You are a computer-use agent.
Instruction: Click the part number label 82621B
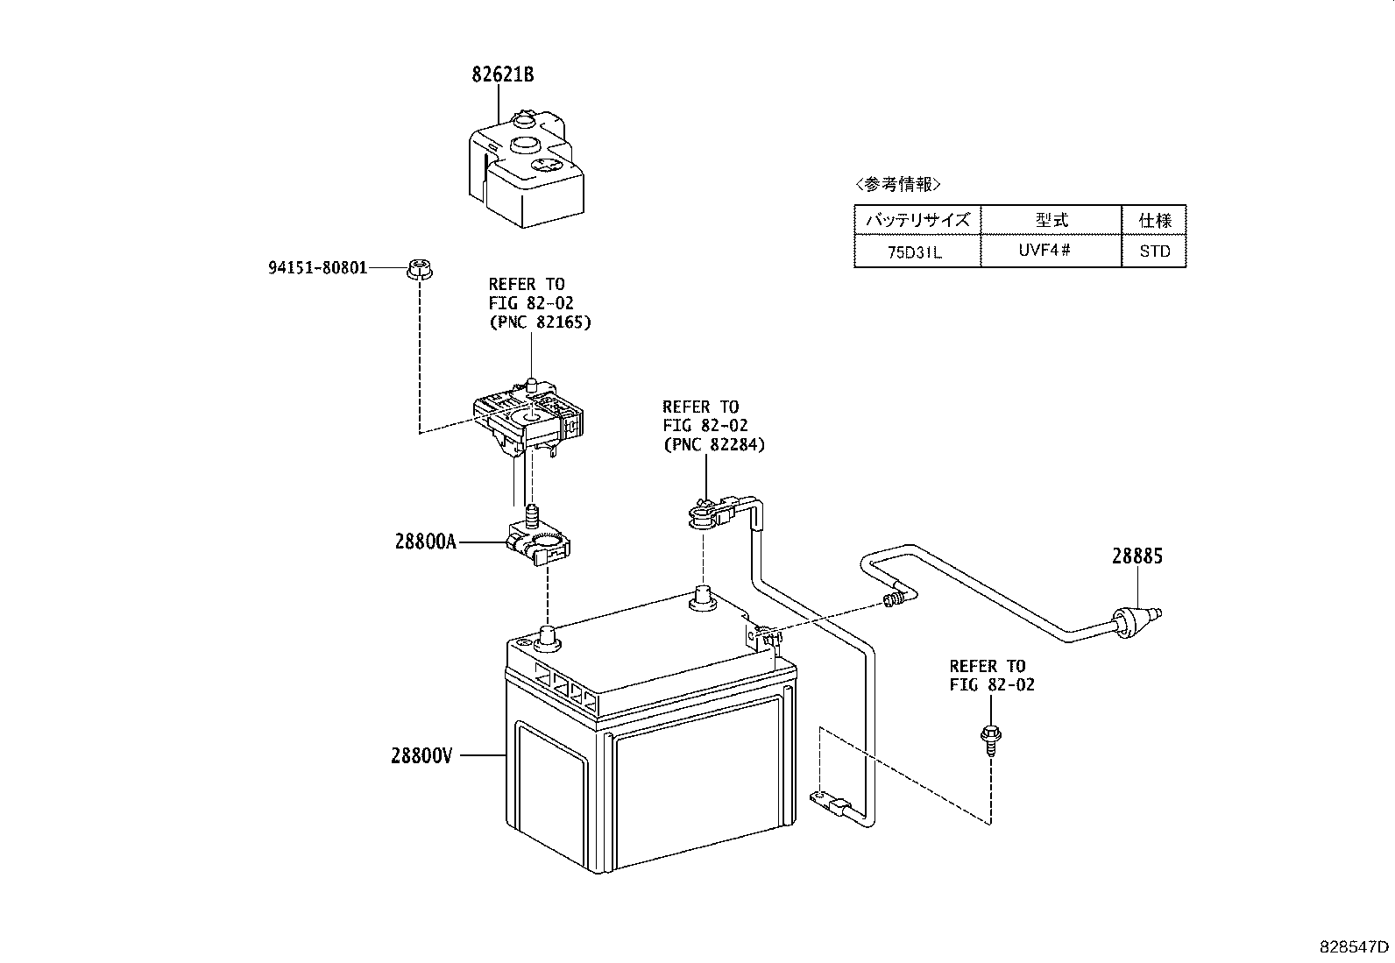click(x=503, y=74)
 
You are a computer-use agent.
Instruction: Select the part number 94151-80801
click(x=317, y=268)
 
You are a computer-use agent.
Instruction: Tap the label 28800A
click(x=425, y=542)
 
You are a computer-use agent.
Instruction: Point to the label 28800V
click(x=421, y=755)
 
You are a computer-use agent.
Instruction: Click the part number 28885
click(x=1137, y=556)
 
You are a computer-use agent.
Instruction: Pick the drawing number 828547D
click(x=1354, y=947)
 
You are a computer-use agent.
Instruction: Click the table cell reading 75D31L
click(x=915, y=252)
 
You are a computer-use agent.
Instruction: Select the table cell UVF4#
click(x=1044, y=251)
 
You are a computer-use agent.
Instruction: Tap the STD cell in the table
click(x=1155, y=251)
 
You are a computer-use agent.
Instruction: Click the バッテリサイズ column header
click(x=918, y=220)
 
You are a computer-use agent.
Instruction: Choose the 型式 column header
click(x=1052, y=220)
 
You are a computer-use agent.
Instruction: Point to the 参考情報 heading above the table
click(x=898, y=184)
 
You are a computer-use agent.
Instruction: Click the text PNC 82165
click(x=540, y=322)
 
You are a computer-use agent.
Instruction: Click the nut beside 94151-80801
click(x=421, y=270)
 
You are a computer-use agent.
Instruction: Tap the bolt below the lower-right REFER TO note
click(x=991, y=740)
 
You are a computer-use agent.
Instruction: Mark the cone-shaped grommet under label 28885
click(x=1135, y=621)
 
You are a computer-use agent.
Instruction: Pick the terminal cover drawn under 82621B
click(x=526, y=169)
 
